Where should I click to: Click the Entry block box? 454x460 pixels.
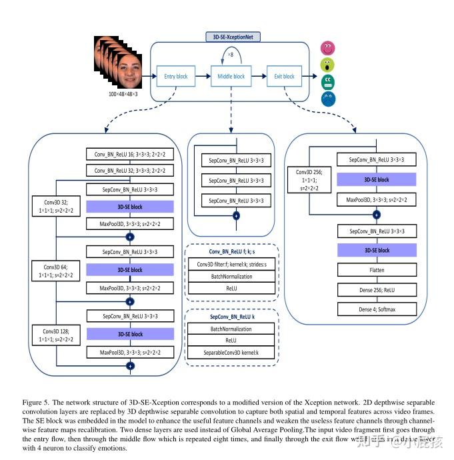pos(175,77)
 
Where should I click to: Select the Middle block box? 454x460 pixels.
pos(231,77)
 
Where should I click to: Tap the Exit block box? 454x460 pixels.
pos(284,77)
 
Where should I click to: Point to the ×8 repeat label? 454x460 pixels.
pos(231,54)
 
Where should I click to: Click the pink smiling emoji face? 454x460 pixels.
pos(327,49)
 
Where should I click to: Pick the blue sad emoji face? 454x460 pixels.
pos(328,99)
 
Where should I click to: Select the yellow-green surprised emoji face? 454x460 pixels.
pos(327,65)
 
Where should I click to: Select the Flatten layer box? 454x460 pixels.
pos(377,270)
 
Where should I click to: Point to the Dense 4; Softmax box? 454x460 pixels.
pos(377,309)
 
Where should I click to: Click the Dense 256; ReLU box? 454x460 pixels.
pos(377,291)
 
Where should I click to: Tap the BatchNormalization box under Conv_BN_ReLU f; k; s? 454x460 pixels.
pos(231,275)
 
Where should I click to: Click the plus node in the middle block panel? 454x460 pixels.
pos(235,216)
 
